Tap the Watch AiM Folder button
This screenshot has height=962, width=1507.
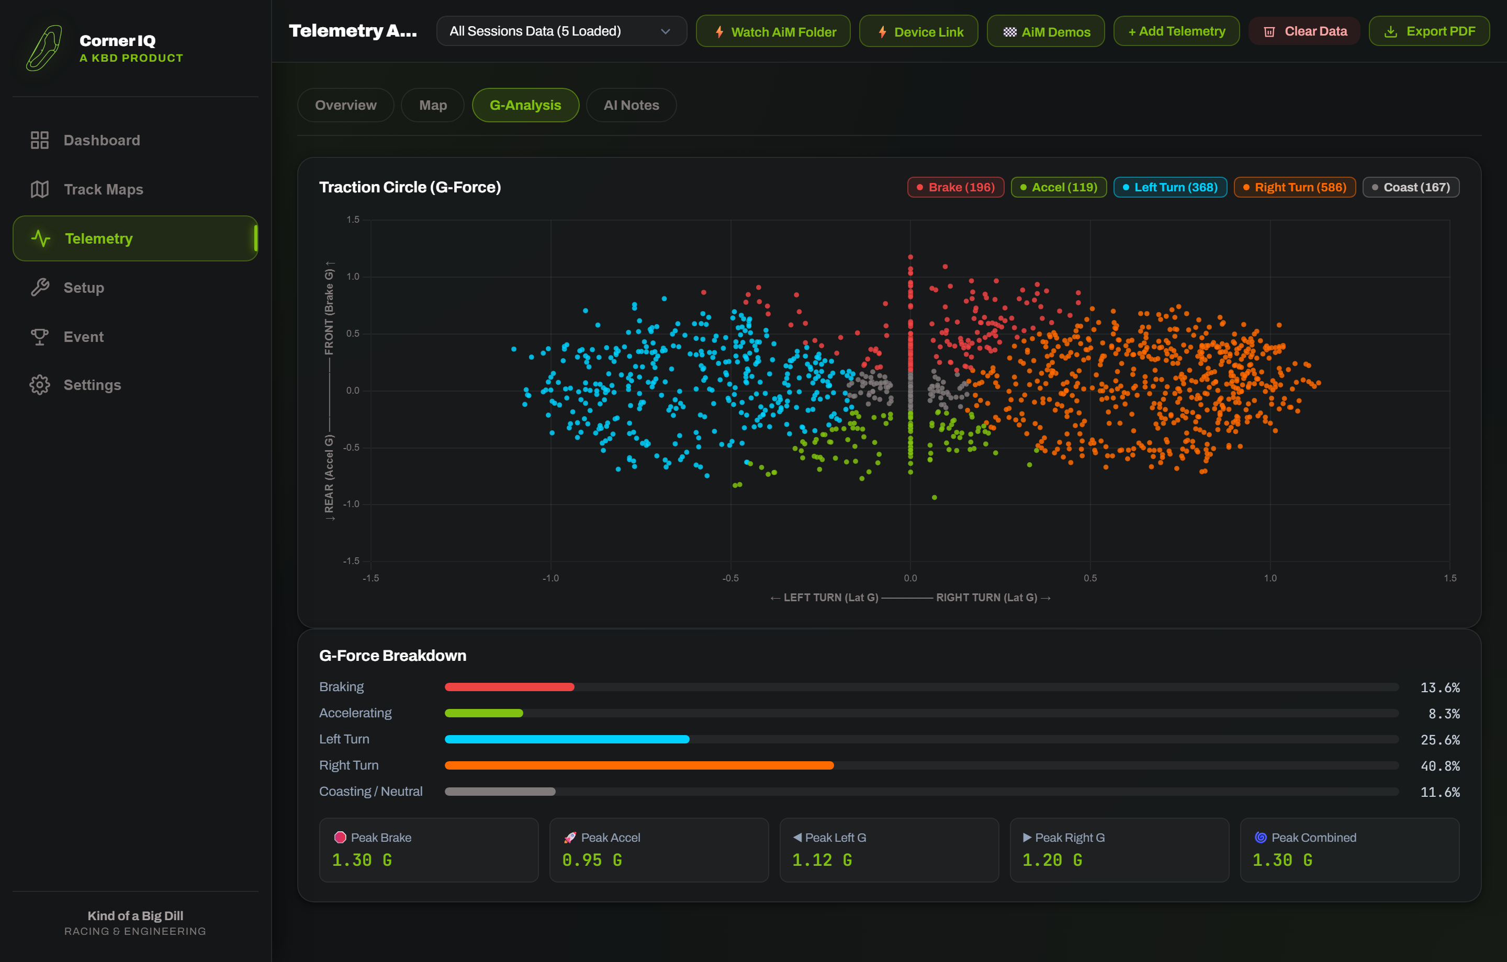773,31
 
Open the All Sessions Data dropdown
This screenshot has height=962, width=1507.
561,31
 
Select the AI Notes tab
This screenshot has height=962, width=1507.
631,105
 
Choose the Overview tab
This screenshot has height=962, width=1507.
345,105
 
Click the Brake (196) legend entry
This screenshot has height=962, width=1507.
955,187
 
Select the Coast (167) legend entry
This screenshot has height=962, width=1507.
1411,187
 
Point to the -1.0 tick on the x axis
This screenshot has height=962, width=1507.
550,578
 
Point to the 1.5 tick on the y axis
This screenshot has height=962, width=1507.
353,220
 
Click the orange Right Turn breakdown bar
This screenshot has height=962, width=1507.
639,765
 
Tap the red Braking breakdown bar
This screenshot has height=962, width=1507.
510,687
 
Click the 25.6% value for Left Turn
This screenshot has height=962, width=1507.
1440,740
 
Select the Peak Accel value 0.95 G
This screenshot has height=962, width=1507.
592,860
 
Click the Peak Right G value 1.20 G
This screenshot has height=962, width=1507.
1052,860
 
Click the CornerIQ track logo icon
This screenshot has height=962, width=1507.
44,48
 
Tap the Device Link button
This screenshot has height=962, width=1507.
919,31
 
